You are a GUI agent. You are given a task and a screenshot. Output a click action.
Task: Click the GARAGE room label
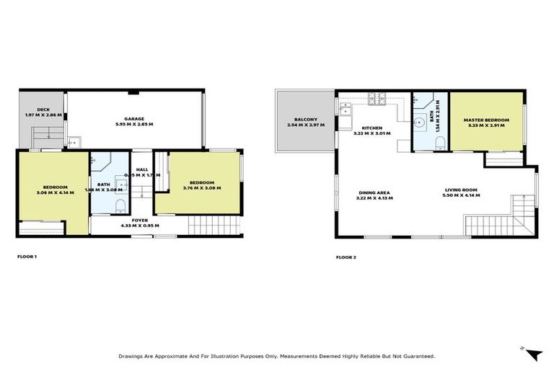(133, 118)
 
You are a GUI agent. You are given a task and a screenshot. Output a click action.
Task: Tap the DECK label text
(35, 109)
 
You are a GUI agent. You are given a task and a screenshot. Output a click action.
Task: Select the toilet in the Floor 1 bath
(120, 207)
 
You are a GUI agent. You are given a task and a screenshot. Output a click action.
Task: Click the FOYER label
(140, 219)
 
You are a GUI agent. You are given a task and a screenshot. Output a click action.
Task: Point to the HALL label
(141, 169)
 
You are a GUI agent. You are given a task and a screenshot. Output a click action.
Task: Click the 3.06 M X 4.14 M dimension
(55, 192)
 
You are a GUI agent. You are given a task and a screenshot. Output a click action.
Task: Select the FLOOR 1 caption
(27, 257)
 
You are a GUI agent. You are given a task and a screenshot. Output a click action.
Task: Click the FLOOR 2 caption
(345, 257)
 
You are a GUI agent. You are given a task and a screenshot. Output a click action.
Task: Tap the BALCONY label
(302, 119)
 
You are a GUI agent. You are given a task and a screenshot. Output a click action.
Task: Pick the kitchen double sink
(346, 110)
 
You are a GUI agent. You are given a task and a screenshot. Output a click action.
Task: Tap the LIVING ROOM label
(460, 190)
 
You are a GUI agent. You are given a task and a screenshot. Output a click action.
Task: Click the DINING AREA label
(375, 192)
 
